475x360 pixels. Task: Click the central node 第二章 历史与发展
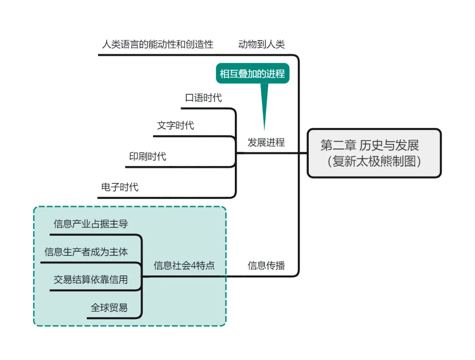(x=369, y=145)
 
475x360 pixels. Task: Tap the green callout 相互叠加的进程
(x=252, y=73)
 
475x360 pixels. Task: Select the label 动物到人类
(x=261, y=44)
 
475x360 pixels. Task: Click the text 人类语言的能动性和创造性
(x=157, y=44)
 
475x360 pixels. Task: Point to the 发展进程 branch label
(x=266, y=142)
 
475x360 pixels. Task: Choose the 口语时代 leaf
(x=203, y=98)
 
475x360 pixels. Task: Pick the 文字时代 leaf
(x=175, y=125)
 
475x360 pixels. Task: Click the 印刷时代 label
(x=148, y=156)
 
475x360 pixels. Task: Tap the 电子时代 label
(x=120, y=187)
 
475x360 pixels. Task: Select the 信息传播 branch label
(x=266, y=265)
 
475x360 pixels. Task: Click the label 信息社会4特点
(x=184, y=265)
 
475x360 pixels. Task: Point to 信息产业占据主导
(x=91, y=224)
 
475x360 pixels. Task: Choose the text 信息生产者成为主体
(x=86, y=252)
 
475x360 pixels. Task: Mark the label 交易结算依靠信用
(x=91, y=279)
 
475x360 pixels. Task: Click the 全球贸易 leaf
(x=109, y=308)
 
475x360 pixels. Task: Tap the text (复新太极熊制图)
(x=374, y=161)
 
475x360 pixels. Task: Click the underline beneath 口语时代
(x=207, y=108)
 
